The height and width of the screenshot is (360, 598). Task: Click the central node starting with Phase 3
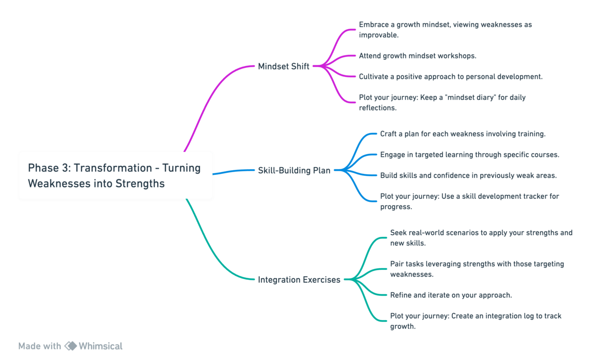[116, 175]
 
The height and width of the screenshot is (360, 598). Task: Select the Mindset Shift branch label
[284, 66]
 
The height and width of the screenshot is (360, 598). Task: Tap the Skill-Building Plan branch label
[294, 170]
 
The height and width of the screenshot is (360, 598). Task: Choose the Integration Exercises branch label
[299, 279]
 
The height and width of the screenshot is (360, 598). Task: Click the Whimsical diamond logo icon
[71, 346]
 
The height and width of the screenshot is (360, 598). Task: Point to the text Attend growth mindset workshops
[417, 56]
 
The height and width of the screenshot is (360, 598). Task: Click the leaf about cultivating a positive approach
[451, 77]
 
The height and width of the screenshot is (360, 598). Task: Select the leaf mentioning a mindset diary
[442, 102]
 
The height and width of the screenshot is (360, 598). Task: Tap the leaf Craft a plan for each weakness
[463, 134]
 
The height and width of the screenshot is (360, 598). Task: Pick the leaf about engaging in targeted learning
[470, 155]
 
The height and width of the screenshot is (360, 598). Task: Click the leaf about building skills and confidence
[468, 175]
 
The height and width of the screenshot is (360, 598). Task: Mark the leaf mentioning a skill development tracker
[470, 201]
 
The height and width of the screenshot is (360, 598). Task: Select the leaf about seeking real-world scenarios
[481, 238]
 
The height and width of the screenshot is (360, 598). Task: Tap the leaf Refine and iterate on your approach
[451, 295]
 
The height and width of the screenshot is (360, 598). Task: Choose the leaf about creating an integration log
[476, 321]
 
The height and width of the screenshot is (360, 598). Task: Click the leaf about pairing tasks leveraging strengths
[477, 269]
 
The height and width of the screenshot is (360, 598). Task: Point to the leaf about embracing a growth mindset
[445, 30]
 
